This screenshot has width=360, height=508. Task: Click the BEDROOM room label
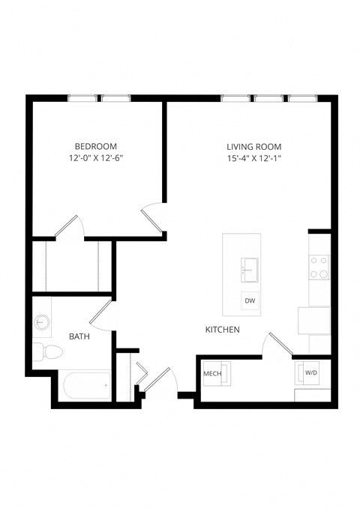tap(95, 146)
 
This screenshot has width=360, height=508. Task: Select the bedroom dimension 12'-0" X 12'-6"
tap(95, 159)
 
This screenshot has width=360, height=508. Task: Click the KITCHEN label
tap(223, 330)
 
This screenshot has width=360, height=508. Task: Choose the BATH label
tap(79, 337)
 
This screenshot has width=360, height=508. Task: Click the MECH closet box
tap(213, 372)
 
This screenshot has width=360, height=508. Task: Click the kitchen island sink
tap(250, 267)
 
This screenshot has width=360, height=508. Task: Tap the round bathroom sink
tap(42, 323)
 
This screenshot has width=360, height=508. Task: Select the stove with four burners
tap(319, 267)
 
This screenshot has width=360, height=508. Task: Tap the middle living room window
tap(267, 97)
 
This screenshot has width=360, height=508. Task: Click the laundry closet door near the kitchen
tap(278, 345)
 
